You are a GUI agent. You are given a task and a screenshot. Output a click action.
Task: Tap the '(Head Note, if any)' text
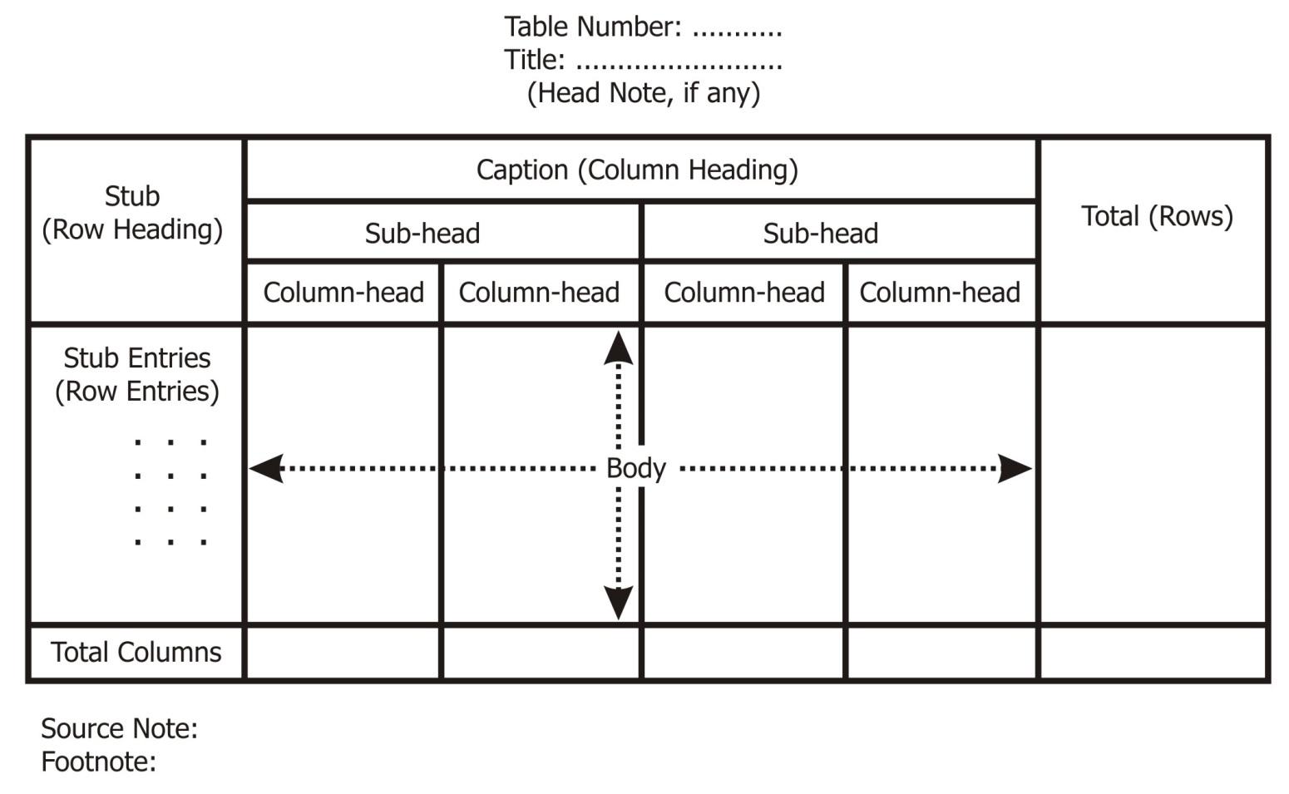(x=643, y=92)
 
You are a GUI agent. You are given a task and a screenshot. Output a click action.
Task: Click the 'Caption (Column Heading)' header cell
(x=637, y=170)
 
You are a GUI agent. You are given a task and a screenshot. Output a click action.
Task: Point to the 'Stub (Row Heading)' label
(x=132, y=213)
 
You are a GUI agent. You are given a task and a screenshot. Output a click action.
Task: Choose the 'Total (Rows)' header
(x=1156, y=216)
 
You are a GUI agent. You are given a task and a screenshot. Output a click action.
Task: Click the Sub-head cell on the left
(x=422, y=233)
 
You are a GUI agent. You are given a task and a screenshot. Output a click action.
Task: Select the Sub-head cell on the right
(x=821, y=233)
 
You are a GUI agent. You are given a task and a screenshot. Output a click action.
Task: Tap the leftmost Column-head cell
(x=343, y=293)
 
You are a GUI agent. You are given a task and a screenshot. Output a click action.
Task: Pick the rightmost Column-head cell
(x=940, y=293)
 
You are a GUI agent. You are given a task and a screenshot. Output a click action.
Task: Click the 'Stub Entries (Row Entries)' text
(x=137, y=374)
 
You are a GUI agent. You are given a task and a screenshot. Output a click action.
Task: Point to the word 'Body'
(x=636, y=468)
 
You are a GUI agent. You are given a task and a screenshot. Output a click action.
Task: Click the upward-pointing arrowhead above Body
(x=618, y=348)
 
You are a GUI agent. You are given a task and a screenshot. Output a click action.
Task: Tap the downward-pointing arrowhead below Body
(x=618, y=602)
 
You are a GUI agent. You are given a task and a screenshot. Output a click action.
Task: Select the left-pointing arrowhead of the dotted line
(x=267, y=468)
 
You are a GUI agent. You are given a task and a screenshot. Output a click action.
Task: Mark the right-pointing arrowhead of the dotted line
(x=1015, y=468)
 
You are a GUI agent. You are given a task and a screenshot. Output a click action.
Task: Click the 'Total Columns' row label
(x=136, y=653)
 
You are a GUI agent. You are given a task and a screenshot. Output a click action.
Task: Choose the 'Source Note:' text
(x=119, y=728)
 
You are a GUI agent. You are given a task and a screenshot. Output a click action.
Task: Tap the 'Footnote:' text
(x=98, y=762)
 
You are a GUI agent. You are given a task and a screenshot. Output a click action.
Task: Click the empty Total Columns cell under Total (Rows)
(x=1153, y=653)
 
